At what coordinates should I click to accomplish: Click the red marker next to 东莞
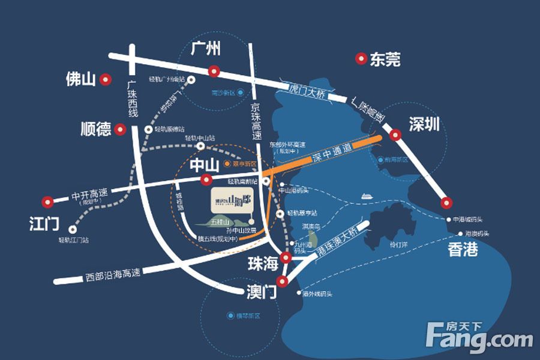pos(361,59)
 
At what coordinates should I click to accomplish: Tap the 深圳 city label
pos(424,124)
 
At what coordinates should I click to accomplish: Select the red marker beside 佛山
pos(106,79)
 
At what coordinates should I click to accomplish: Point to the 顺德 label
pos(96,128)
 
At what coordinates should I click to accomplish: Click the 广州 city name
pos(206,49)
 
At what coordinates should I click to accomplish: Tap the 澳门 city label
pos(261,293)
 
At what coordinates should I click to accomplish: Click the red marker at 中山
pos(206,179)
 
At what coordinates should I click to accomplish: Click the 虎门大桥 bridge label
pos(307,91)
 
